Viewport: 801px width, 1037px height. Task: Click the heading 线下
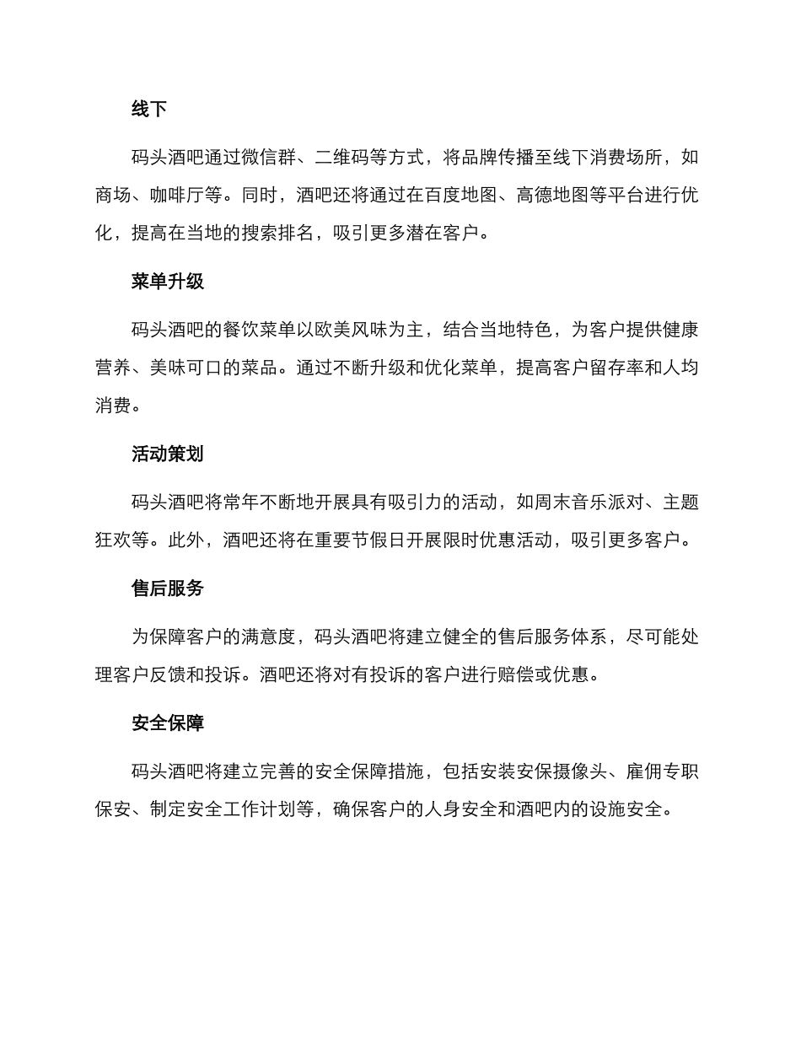tap(149, 109)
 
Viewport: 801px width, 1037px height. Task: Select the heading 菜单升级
tap(168, 282)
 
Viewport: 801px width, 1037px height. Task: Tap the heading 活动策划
tap(168, 454)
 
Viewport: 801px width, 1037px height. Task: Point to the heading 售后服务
tap(168, 588)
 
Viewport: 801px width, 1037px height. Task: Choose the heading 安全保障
tap(168, 723)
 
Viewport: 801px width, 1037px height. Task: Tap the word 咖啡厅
tap(177, 196)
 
